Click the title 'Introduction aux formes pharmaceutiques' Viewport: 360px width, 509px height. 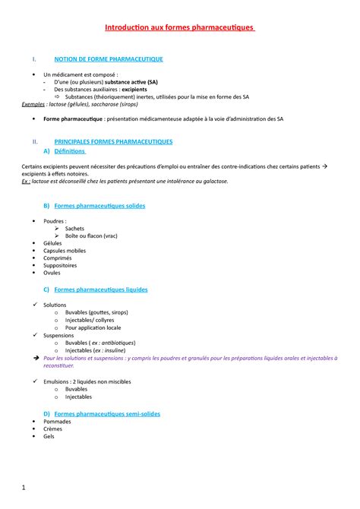point(180,29)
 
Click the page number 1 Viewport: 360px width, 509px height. point(24,485)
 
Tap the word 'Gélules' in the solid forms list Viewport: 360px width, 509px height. point(54,243)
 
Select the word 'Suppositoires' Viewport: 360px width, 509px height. point(60,265)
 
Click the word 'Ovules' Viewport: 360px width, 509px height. point(52,273)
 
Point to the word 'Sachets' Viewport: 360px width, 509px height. point(74,228)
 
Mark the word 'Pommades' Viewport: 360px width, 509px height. point(57,422)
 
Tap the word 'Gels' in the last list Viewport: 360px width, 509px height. point(49,437)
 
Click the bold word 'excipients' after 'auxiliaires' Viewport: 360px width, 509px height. point(130,89)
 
